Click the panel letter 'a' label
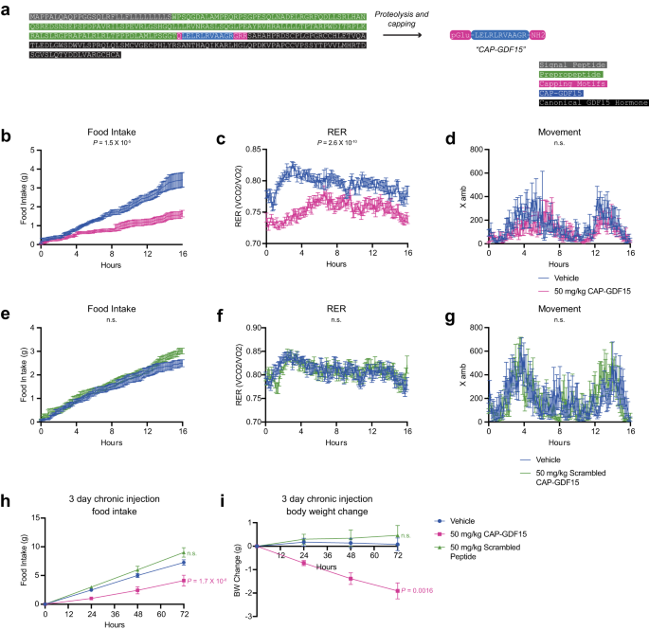tap(7, 9)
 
